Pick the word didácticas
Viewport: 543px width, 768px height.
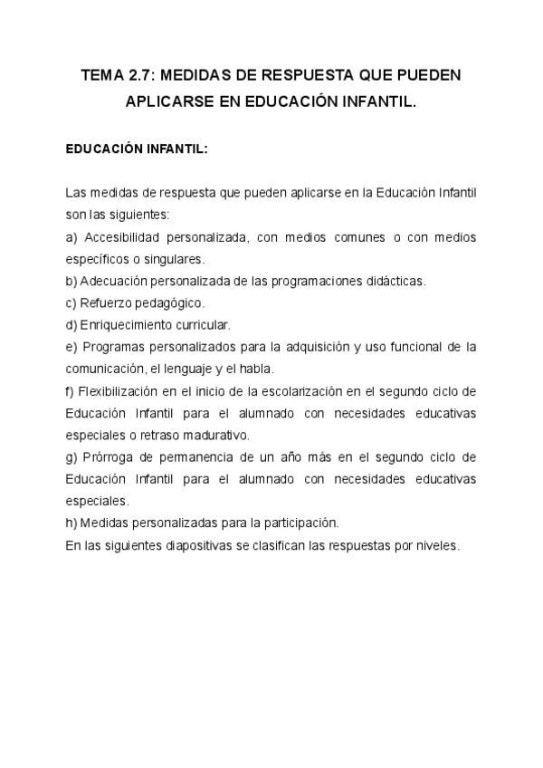click(x=393, y=281)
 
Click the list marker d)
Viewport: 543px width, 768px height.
click(x=71, y=324)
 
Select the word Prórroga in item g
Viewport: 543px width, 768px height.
click(x=107, y=456)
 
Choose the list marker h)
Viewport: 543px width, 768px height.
click(x=71, y=523)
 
